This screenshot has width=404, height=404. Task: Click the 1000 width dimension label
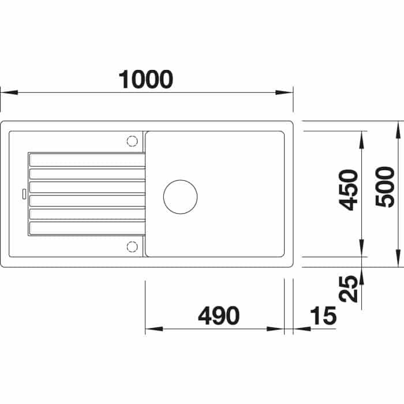click(145, 79)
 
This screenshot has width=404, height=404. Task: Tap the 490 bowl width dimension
click(218, 316)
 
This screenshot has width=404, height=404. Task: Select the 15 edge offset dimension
click(323, 316)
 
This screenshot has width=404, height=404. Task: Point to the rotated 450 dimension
click(349, 189)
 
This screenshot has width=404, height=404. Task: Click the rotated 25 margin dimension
click(349, 289)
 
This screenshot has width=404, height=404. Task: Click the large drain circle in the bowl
click(181, 196)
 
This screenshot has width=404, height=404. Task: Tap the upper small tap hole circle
click(132, 140)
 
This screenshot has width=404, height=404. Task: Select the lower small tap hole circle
click(132, 247)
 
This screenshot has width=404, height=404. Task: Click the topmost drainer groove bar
click(87, 160)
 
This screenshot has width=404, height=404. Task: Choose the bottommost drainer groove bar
click(87, 228)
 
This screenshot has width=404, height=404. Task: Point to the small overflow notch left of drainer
click(23, 193)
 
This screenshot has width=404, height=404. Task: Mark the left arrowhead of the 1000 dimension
click(6, 92)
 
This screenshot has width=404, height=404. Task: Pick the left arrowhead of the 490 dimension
click(149, 330)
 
